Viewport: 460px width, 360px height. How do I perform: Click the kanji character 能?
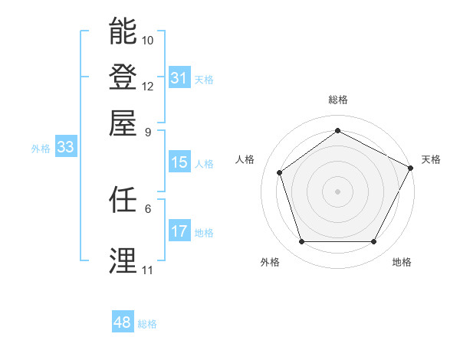coord(123,31)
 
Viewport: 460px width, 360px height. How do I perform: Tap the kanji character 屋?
coord(123,123)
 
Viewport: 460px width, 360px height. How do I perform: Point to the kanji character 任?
coord(123,200)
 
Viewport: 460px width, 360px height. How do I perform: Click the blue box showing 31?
coord(179,78)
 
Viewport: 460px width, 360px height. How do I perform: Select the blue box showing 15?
coord(179,162)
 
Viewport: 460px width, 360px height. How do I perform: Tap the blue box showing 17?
coord(179,231)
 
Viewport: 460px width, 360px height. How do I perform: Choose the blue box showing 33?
coord(64,148)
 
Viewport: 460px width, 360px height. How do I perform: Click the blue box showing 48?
coord(122,322)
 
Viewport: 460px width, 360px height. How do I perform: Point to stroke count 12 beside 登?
coord(148,86)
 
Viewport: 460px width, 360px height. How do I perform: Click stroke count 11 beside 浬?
coord(147,270)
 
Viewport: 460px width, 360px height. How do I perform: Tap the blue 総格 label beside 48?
coord(147,324)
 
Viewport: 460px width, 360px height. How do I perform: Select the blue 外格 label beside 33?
coord(41,149)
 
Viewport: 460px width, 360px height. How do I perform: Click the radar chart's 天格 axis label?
coord(431,159)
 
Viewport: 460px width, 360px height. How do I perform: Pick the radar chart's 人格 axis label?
coord(245,159)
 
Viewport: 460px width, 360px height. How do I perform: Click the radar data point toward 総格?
coord(337,131)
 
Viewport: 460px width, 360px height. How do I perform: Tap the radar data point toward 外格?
coord(301,242)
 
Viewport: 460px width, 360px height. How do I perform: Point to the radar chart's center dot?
coord(337,191)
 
